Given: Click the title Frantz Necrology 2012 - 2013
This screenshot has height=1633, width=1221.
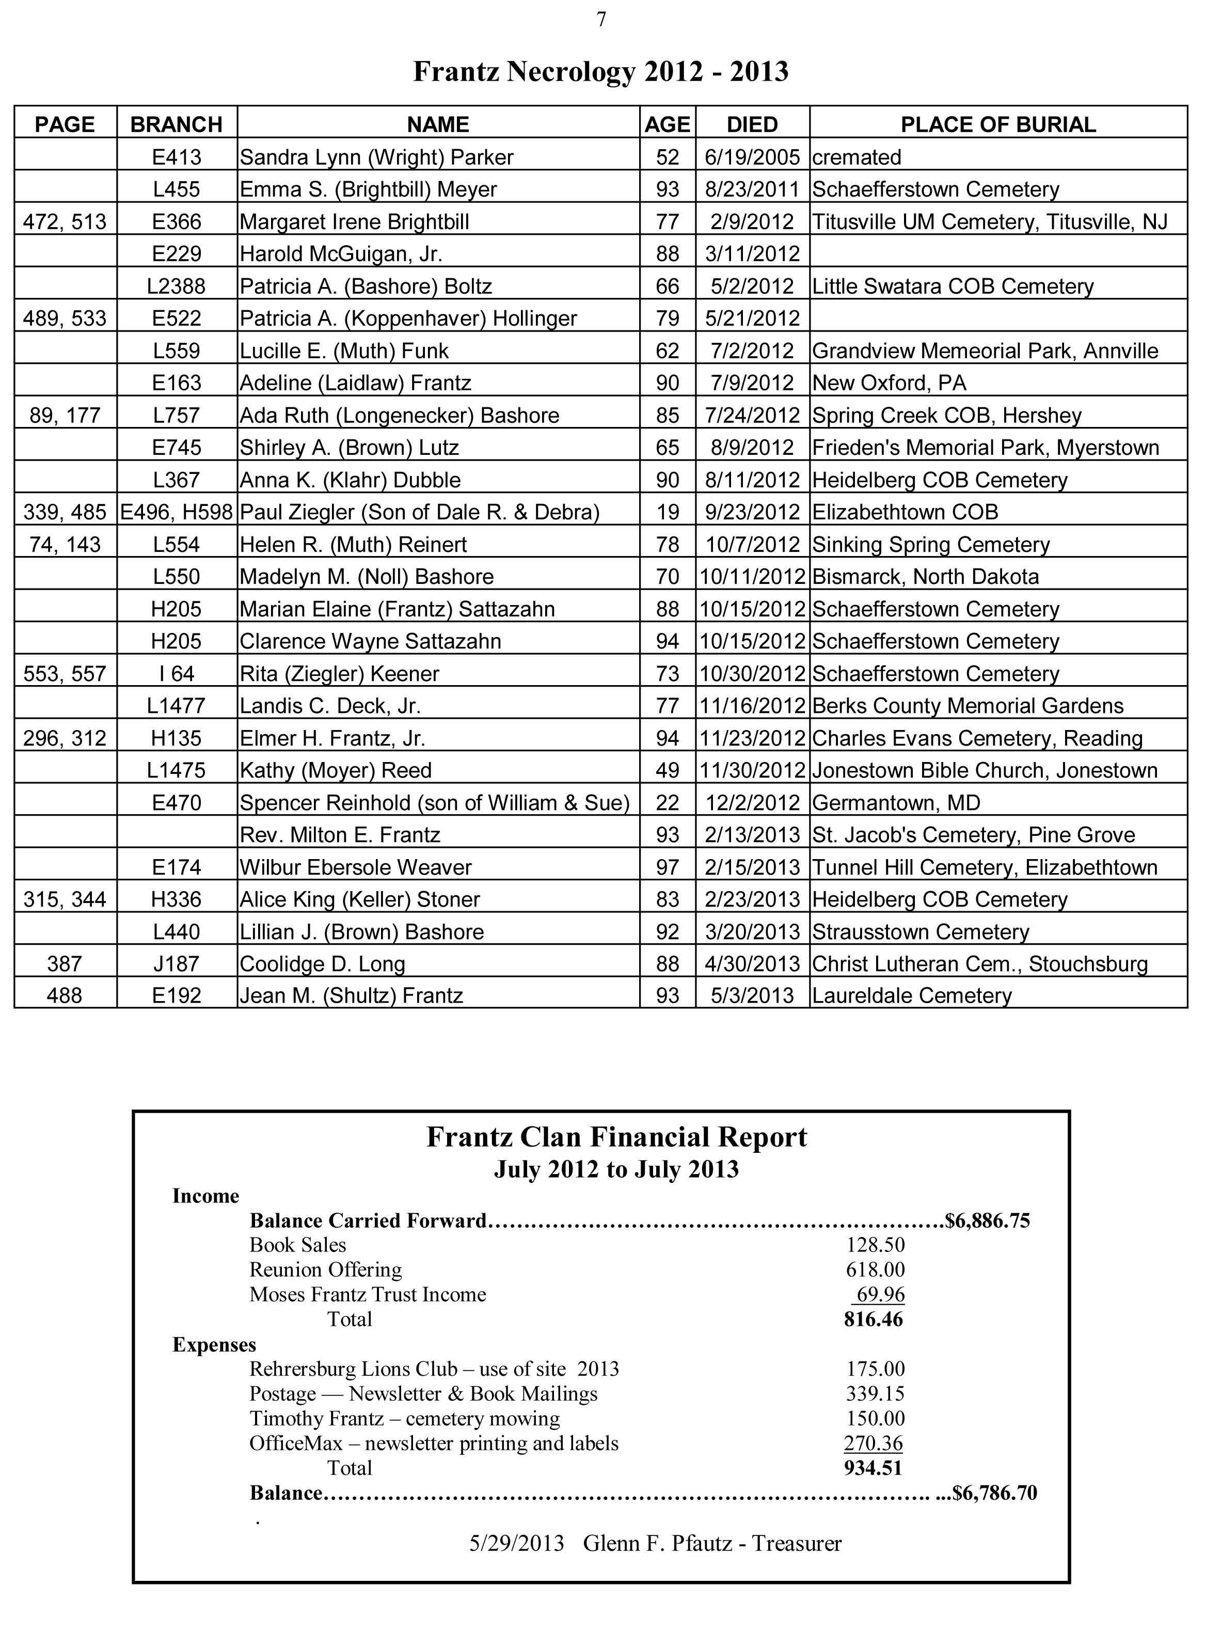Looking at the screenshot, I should click(x=600, y=72).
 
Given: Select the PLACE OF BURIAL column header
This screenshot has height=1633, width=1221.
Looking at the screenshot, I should click(x=997, y=124).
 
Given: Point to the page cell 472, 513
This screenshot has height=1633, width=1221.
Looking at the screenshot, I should click(x=65, y=221).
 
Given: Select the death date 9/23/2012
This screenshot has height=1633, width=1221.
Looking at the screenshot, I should click(x=752, y=512).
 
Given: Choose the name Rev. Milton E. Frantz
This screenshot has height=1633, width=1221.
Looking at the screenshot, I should click(x=340, y=834).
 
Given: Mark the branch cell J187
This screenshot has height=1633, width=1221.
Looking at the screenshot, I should click(x=177, y=963).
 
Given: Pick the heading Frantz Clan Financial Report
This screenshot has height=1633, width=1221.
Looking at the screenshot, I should click(x=616, y=1136).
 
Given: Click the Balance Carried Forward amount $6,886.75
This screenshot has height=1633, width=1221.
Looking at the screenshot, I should click(x=987, y=1220).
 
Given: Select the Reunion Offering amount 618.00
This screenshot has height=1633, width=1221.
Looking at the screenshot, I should click(x=875, y=1269).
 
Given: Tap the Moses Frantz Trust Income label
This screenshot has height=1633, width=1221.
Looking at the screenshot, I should click(x=368, y=1294).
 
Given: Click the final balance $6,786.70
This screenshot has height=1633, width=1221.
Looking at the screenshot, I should click(x=994, y=1492).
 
